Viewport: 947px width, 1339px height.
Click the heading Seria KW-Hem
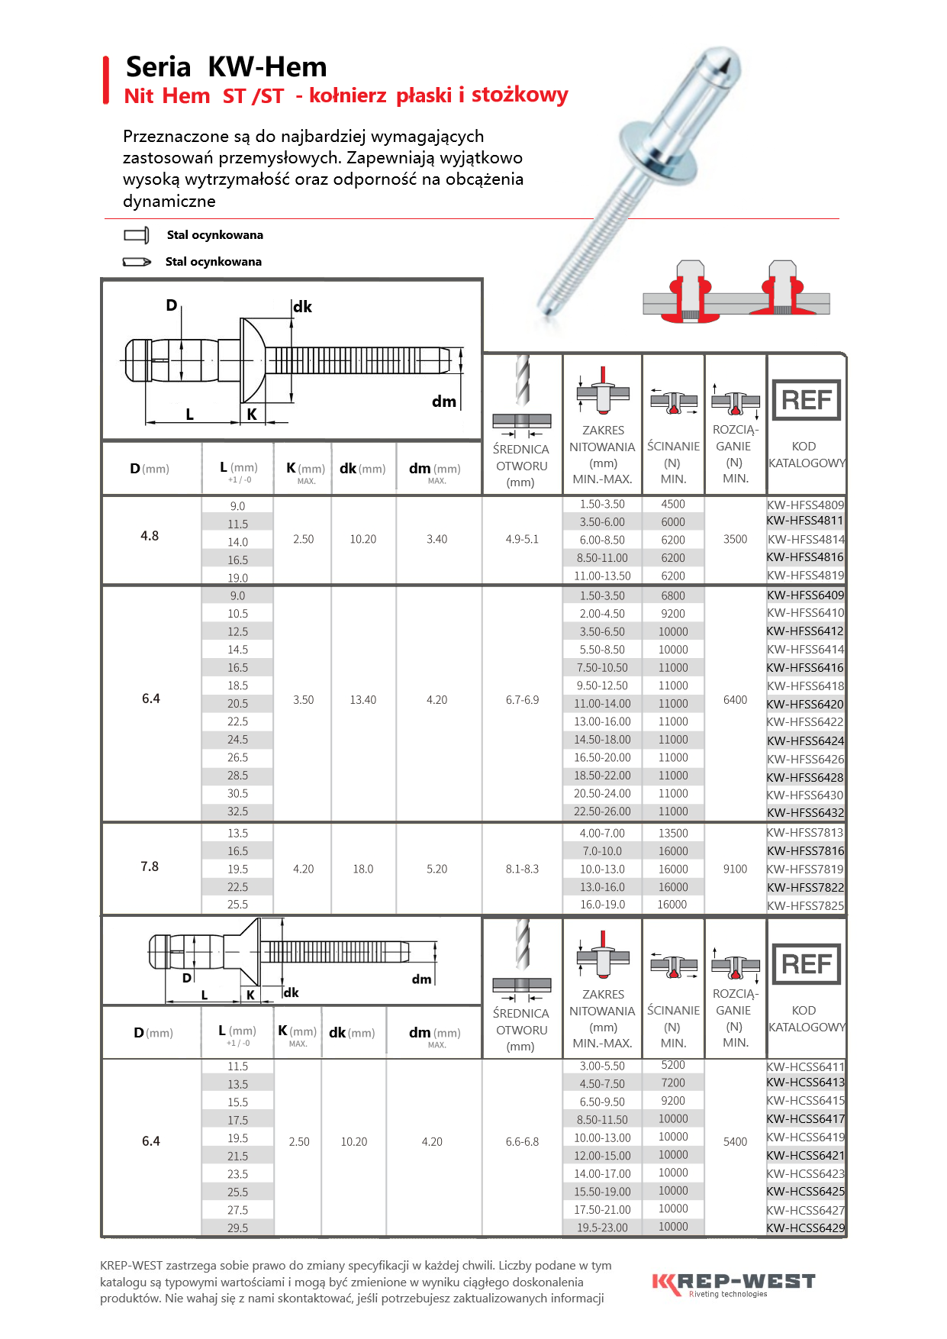(x=226, y=67)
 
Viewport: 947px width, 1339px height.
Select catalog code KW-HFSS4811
(x=805, y=521)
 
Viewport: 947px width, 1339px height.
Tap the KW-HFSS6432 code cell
(x=805, y=812)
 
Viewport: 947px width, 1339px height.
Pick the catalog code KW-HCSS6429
(x=805, y=1228)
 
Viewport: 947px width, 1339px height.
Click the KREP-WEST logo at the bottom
(x=733, y=1283)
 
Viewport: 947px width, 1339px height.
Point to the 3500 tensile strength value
(x=735, y=539)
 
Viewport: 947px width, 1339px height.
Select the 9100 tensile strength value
(x=735, y=869)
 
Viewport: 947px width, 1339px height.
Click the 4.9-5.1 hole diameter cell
(x=522, y=539)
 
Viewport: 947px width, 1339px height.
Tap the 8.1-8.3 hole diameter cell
(x=522, y=869)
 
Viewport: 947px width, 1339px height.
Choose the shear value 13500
(x=673, y=833)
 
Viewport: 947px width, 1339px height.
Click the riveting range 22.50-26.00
(x=602, y=811)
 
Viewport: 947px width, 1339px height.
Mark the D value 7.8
(x=150, y=866)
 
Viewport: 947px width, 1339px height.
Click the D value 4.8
(x=150, y=536)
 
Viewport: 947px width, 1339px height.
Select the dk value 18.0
(x=363, y=869)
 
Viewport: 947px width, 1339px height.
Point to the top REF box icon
(x=806, y=400)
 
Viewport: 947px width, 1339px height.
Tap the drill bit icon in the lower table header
(x=522, y=944)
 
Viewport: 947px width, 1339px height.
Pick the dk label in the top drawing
(x=302, y=307)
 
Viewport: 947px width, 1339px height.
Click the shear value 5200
(x=673, y=1065)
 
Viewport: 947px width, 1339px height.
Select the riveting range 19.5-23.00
(x=602, y=1228)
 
